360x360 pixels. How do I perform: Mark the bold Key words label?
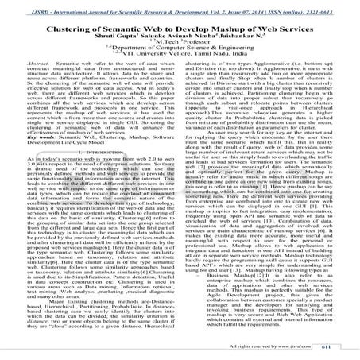[33, 147]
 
